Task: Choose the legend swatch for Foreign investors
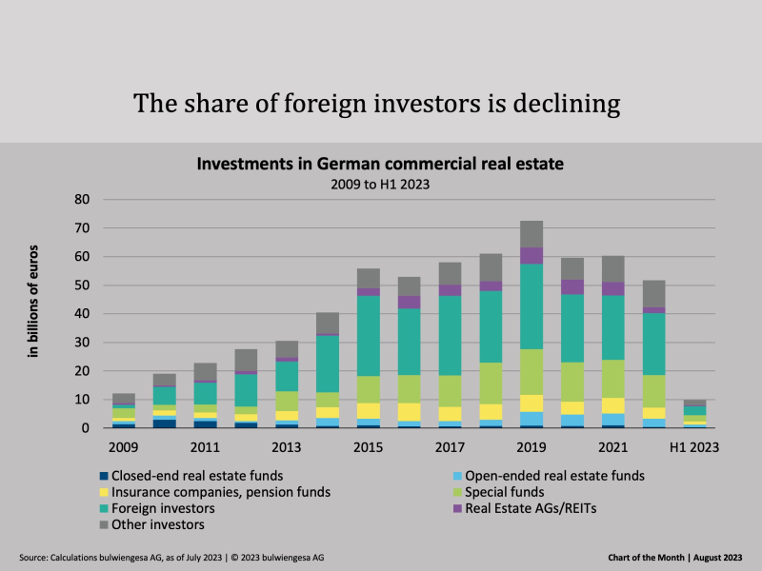104,508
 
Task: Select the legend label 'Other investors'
158,524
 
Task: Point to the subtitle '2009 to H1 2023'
380,184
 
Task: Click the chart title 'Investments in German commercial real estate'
380,164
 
